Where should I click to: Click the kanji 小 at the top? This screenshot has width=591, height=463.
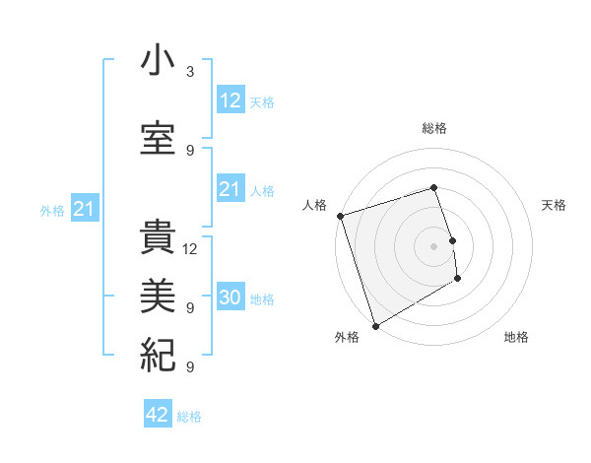click(159, 62)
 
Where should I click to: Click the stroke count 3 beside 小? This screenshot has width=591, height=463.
click(189, 72)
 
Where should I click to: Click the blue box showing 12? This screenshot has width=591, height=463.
click(230, 100)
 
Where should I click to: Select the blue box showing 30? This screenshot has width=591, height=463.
click(230, 298)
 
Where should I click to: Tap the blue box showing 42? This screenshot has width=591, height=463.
click(157, 415)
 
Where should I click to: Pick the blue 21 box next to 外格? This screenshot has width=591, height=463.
click(84, 209)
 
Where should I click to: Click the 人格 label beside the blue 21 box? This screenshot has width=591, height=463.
click(262, 191)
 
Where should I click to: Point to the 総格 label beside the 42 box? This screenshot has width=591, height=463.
click(189, 417)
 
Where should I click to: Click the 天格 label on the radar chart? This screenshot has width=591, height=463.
click(555, 205)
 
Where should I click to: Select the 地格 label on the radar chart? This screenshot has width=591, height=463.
click(516, 338)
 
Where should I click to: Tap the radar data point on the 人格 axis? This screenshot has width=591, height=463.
click(340, 216)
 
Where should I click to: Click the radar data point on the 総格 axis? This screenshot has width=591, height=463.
click(433, 187)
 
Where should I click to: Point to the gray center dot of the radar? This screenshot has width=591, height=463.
click(433, 245)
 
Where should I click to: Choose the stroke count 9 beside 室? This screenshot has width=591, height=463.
click(189, 151)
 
